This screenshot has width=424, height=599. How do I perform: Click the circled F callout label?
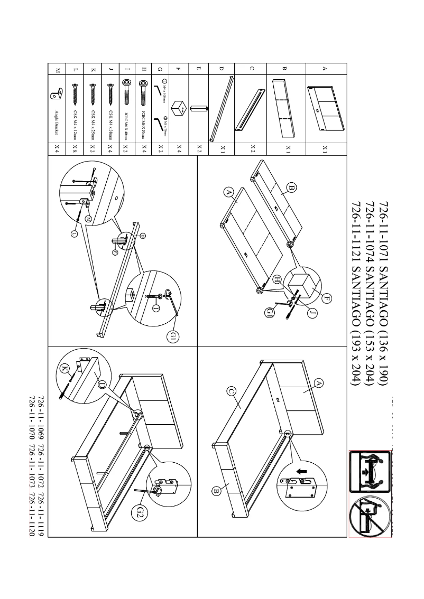click(326, 299)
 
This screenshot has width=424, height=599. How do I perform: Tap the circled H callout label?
click(278, 279)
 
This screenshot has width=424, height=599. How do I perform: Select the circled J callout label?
click(311, 313)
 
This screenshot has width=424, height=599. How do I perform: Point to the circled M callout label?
click(88, 218)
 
